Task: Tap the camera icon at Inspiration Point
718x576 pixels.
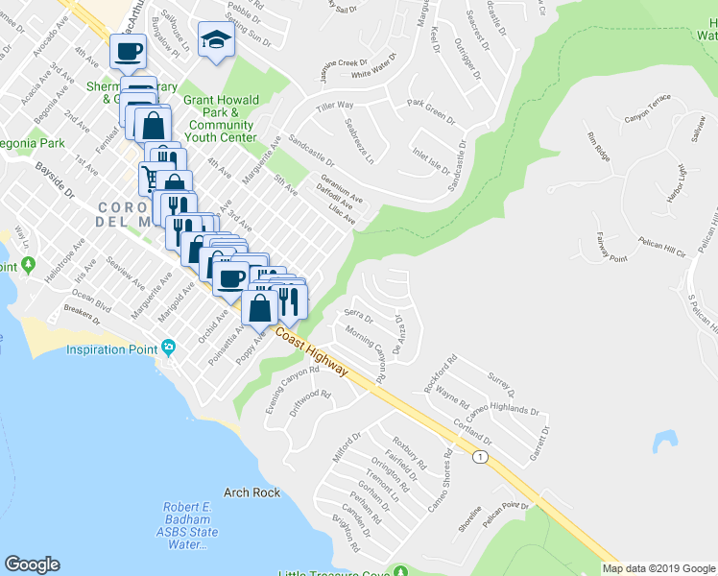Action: (169, 347)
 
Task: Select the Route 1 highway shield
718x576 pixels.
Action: (477, 457)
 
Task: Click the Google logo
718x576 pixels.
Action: (32, 564)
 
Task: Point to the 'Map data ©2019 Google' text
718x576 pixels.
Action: (658, 568)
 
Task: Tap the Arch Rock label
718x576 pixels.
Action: (251, 492)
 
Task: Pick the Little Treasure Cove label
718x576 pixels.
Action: (334, 574)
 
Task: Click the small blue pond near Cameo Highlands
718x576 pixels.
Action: (661, 441)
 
